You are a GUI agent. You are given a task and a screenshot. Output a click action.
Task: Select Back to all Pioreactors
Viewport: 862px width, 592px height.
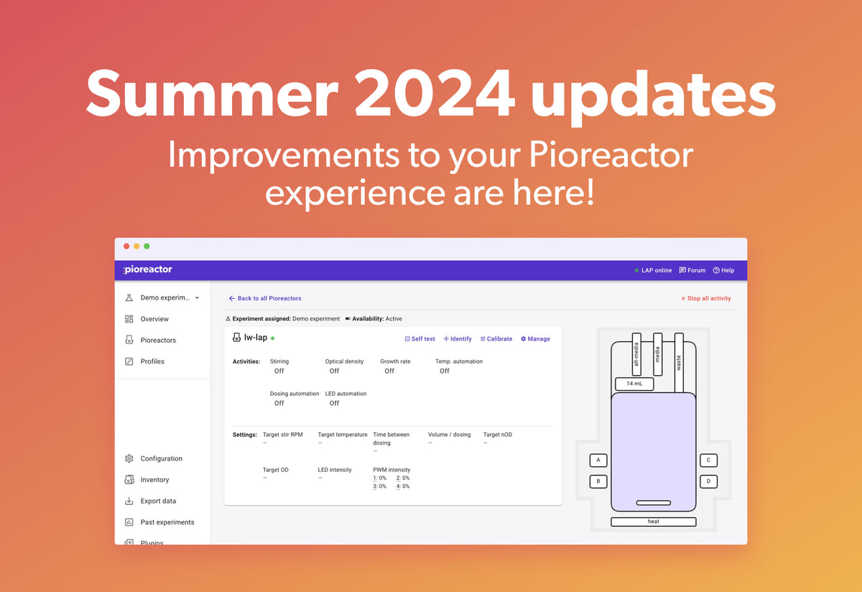tap(265, 298)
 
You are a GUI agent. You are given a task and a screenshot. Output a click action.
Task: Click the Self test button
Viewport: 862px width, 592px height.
tap(420, 338)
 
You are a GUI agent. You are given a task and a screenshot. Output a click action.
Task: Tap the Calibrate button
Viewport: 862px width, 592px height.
tap(496, 338)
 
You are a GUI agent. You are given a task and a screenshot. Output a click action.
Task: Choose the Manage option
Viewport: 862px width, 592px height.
tap(535, 338)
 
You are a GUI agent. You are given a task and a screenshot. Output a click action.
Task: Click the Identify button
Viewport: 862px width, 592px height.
tap(458, 338)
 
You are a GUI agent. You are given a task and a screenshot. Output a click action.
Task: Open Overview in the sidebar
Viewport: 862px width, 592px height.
tap(154, 319)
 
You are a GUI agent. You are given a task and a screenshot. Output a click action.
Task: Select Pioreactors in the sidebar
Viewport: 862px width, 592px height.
tap(158, 341)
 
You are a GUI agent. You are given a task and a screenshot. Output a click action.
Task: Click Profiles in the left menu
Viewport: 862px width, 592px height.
tap(152, 361)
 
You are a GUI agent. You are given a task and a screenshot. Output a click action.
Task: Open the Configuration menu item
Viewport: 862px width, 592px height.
tap(161, 458)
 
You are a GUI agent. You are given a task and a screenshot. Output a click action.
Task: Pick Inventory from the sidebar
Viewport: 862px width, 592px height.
tap(154, 480)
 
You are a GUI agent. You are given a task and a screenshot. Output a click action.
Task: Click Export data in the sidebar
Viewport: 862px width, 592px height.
tap(158, 501)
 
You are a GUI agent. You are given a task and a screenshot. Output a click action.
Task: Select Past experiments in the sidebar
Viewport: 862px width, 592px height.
tap(167, 522)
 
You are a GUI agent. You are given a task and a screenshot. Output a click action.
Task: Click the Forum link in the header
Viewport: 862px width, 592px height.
tap(692, 270)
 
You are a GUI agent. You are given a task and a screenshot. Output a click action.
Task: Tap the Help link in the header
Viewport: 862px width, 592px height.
tap(723, 270)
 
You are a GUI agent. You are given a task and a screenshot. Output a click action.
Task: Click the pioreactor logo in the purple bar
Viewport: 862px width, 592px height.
tap(147, 269)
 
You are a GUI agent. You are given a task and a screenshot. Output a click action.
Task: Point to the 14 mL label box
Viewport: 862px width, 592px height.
tap(634, 384)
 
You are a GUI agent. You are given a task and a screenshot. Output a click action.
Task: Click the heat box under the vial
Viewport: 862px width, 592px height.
tap(653, 522)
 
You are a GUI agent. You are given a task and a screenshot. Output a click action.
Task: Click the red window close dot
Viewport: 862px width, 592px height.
tap(126, 246)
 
